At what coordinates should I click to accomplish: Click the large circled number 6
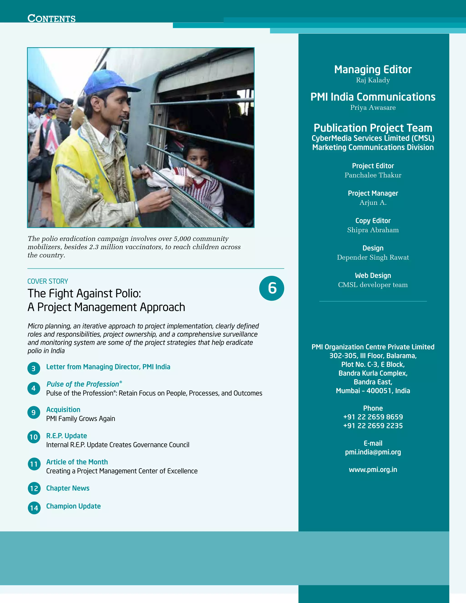(272, 288)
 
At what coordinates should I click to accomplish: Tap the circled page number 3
(34, 369)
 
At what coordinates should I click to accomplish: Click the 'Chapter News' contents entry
(68, 488)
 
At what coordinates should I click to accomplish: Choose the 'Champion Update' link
(73, 506)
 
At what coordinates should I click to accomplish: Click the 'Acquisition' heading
(63, 409)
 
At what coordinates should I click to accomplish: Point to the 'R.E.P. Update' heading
(66, 436)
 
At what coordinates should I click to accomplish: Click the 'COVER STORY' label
(48, 281)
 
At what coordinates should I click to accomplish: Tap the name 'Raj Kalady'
(373, 80)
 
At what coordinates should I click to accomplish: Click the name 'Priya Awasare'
(373, 108)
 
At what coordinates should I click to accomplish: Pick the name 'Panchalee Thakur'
(373, 175)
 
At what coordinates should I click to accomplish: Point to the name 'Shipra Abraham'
(373, 230)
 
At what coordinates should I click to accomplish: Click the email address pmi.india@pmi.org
(373, 452)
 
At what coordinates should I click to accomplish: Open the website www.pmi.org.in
(373, 470)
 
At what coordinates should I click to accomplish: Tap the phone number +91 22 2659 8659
(373, 417)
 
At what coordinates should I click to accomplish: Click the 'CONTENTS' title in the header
(52, 18)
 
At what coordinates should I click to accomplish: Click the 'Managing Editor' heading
(373, 70)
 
